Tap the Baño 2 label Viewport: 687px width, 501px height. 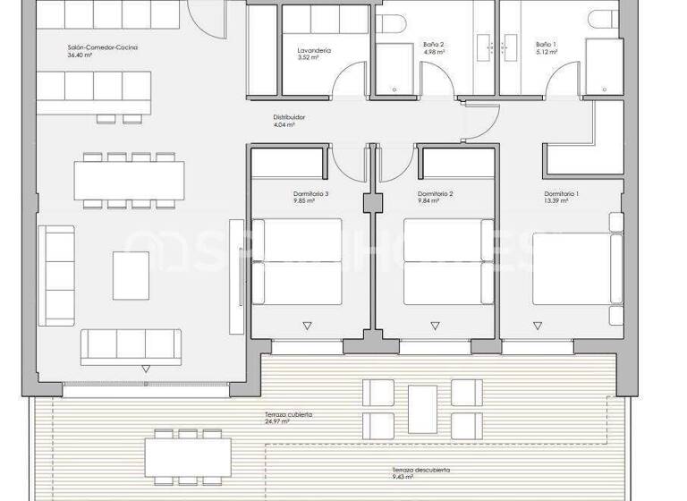click(433, 44)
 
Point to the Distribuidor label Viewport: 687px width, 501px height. click(289, 117)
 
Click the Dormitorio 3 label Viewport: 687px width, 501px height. click(310, 194)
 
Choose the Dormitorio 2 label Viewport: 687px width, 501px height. click(436, 194)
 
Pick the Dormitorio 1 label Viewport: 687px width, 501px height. click(562, 194)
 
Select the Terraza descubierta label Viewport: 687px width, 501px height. click(420, 470)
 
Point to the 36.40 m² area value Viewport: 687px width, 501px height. click(81, 55)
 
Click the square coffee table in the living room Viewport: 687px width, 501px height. click(131, 274)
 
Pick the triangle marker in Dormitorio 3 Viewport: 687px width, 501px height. click(309, 326)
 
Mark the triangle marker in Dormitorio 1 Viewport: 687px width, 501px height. click(562, 326)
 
